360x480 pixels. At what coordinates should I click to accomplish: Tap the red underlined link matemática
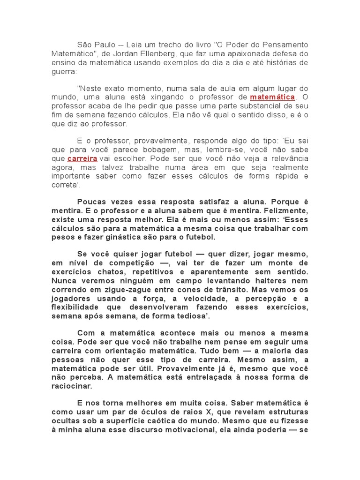coord(272,97)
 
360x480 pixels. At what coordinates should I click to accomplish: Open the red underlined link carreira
coord(82,159)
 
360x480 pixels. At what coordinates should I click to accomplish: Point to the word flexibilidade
coord(75,307)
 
